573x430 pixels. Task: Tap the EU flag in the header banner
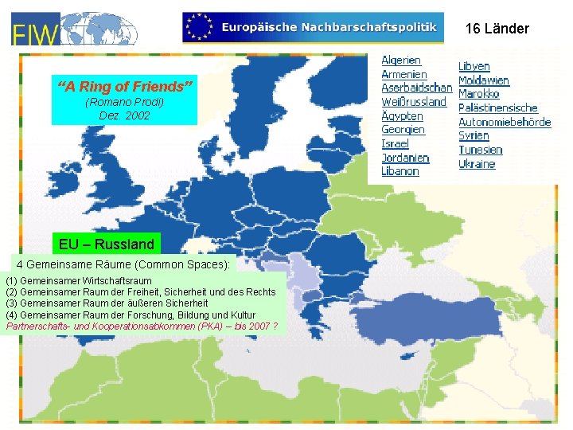(x=199, y=27)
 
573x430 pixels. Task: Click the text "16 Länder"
(x=497, y=29)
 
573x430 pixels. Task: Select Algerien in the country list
(x=401, y=60)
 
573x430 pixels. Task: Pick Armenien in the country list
(x=403, y=74)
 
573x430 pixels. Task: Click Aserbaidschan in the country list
(x=416, y=88)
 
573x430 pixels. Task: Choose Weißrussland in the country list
(x=414, y=102)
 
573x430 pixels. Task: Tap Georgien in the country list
(x=403, y=130)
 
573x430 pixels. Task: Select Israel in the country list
(x=395, y=143)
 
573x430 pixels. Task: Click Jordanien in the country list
(x=405, y=158)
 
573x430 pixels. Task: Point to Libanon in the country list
(x=400, y=171)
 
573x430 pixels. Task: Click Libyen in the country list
(x=474, y=66)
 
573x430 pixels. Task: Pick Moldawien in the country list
(x=484, y=80)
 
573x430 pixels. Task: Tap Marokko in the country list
(x=479, y=94)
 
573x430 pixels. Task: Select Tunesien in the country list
(x=481, y=150)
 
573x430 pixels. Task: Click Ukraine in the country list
(x=477, y=164)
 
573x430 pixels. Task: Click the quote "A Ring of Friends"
(x=124, y=85)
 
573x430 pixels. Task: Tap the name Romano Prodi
(x=124, y=103)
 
